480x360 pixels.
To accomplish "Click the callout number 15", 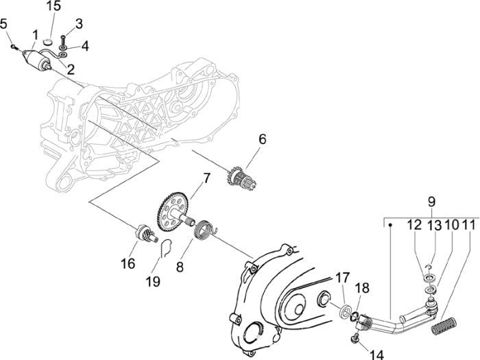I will pyautogui.click(x=53, y=7).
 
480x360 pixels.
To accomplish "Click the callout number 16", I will pyautogui.click(x=128, y=264).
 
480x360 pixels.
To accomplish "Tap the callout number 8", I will pyautogui.click(x=180, y=265).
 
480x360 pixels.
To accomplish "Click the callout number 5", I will pyautogui.click(x=5, y=24).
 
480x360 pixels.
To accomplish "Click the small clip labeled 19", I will pyautogui.click(x=163, y=248).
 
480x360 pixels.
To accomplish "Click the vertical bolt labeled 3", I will pyautogui.click(x=63, y=40).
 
